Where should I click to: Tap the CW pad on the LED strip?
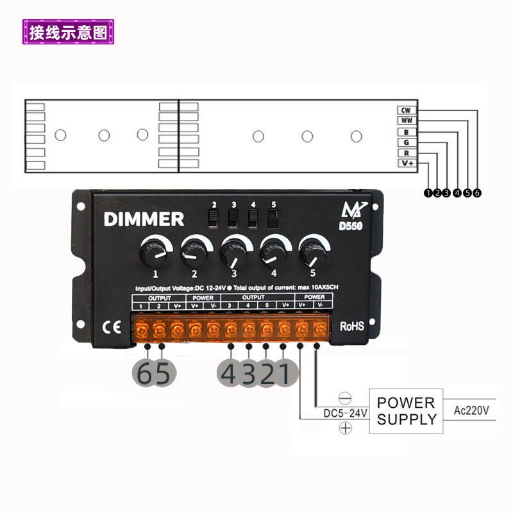[405, 110]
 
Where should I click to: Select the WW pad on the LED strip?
[405, 121]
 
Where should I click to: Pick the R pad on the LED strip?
[405, 153]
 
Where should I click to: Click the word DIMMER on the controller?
[144, 219]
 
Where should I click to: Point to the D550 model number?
[351, 225]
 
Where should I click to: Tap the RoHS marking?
[352, 326]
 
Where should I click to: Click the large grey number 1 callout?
[284, 374]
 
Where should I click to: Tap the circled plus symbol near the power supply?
[345, 428]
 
